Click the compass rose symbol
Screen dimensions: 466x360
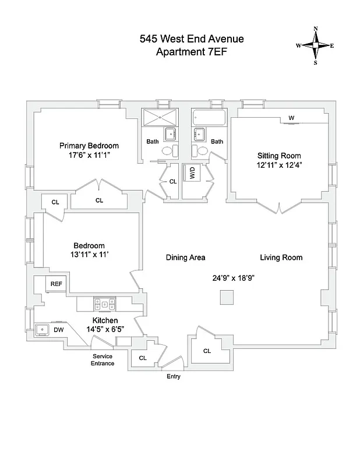pyautogui.click(x=316, y=45)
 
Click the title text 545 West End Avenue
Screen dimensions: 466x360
pyautogui.click(x=192, y=39)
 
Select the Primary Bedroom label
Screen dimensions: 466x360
pyautogui.click(x=89, y=146)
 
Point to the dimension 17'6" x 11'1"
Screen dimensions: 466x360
pyautogui.click(x=89, y=156)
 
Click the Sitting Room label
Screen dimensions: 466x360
pyautogui.click(x=279, y=156)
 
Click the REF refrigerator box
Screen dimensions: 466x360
pyautogui.click(x=57, y=284)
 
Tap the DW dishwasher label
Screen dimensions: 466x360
pyautogui.click(x=59, y=330)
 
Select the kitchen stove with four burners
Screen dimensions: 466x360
pyautogui.click(x=104, y=303)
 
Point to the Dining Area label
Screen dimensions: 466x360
pyautogui.click(x=185, y=257)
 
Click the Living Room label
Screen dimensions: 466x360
pyautogui.click(x=281, y=257)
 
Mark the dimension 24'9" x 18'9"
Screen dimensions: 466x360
pyautogui.click(x=234, y=278)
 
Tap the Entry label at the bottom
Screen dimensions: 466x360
pyautogui.click(x=174, y=376)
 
